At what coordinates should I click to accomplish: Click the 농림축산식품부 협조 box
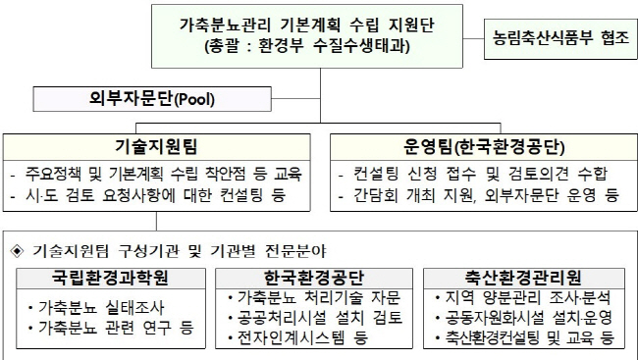(x=560, y=39)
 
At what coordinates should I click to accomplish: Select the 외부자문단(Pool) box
(x=152, y=99)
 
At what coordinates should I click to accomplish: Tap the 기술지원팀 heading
(x=156, y=146)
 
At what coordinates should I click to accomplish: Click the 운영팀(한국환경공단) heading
(x=484, y=147)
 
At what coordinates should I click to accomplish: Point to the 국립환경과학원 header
(x=110, y=278)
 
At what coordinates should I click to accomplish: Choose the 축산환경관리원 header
(x=523, y=278)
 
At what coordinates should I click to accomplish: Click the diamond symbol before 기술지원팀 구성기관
(x=17, y=251)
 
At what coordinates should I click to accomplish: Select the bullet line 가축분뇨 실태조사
(x=96, y=308)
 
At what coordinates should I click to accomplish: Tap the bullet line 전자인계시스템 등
(x=297, y=337)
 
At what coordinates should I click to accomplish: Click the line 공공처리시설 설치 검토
(x=315, y=317)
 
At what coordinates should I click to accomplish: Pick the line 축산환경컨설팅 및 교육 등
(x=524, y=337)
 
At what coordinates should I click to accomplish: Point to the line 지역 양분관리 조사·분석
(x=523, y=298)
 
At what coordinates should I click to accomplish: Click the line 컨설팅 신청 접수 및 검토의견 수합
(x=472, y=174)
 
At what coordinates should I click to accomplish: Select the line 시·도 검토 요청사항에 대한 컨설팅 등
(x=148, y=195)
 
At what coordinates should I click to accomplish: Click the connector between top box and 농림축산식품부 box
(x=473, y=39)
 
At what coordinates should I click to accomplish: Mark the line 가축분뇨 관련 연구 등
(x=111, y=328)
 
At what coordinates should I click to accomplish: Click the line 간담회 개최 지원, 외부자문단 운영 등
(x=479, y=195)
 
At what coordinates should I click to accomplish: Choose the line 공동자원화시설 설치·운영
(x=524, y=317)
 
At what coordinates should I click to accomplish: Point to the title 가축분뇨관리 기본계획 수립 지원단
(x=307, y=26)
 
